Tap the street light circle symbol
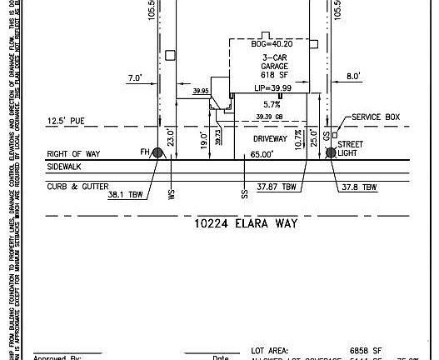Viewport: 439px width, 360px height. pos(331,152)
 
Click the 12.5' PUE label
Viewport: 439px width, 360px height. pos(67,121)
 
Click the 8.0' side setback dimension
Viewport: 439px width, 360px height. pos(353,77)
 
